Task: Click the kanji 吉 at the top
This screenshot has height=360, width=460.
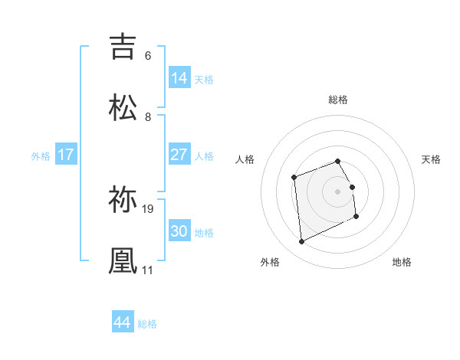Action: click(x=123, y=46)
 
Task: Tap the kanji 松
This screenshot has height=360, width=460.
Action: click(x=123, y=106)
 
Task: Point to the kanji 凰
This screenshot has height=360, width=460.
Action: click(x=123, y=260)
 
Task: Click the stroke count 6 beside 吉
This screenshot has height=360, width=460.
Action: click(x=148, y=56)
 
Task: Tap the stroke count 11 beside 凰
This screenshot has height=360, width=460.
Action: click(x=147, y=270)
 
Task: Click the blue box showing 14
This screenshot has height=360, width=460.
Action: click(x=179, y=78)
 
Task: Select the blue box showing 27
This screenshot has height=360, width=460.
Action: click(x=179, y=155)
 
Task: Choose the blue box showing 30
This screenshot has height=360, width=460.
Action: click(x=179, y=231)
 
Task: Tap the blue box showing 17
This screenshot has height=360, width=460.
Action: click(x=66, y=155)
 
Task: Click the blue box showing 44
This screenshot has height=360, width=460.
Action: click(x=123, y=322)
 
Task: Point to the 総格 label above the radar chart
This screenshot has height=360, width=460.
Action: click(x=338, y=100)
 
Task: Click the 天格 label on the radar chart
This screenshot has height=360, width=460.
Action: click(x=432, y=159)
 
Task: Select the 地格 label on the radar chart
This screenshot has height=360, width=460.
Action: click(x=402, y=262)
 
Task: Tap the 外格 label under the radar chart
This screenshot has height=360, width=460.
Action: click(x=270, y=262)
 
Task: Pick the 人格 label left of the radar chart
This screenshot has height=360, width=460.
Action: click(x=245, y=159)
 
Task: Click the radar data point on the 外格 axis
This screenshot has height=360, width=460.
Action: click(x=301, y=242)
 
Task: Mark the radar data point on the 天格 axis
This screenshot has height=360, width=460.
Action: click(x=352, y=187)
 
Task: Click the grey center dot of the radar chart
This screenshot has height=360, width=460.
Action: click(x=338, y=191)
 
